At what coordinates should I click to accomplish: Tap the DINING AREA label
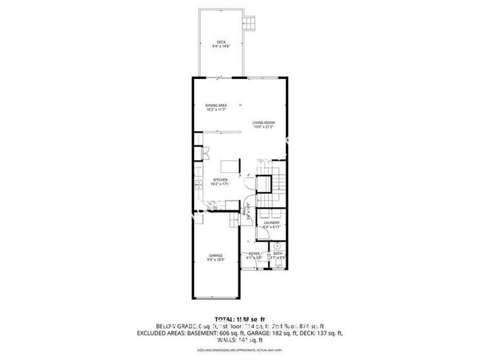coord(216,105)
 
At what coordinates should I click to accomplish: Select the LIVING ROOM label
coord(263,122)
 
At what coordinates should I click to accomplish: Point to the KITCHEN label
coord(220,180)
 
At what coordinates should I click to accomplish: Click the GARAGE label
coord(216,255)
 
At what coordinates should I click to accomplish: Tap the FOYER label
coord(254,254)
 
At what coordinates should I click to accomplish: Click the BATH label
coord(278,254)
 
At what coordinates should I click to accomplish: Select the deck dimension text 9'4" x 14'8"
coord(222,46)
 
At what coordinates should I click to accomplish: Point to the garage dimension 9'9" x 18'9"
coord(216,260)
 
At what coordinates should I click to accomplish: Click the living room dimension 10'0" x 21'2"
coord(263,127)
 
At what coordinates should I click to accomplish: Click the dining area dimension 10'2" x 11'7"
coord(216,109)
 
